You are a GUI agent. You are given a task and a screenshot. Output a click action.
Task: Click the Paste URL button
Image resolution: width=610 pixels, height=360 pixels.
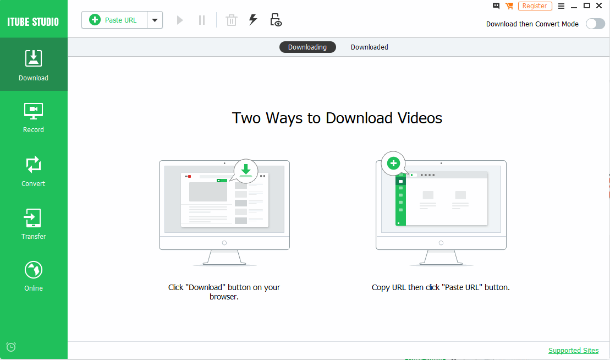(114, 20)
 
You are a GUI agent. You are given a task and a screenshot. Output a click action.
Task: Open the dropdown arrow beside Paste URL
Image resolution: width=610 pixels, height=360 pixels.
(155, 20)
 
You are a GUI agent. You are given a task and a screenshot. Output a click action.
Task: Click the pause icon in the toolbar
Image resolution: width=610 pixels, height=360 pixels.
(201, 20)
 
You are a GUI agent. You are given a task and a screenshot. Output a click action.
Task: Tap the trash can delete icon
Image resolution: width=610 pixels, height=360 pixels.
(232, 20)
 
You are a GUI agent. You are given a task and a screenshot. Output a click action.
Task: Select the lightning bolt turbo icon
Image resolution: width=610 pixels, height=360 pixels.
(253, 19)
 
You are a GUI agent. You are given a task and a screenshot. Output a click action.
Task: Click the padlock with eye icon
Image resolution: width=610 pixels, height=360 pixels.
(276, 20)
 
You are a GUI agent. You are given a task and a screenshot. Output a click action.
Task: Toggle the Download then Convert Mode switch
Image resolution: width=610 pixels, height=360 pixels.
(595, 24)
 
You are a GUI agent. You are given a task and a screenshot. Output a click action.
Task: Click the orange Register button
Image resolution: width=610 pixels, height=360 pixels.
(535, 6)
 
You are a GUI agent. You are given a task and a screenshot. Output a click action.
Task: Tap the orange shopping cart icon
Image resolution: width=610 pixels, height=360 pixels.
(509, 6)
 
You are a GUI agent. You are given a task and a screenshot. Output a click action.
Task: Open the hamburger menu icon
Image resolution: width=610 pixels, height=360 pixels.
(561, 6)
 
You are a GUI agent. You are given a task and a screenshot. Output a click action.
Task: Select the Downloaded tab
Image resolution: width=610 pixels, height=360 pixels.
(369, 47)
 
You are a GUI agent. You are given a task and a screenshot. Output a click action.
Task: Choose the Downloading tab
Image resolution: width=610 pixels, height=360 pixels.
(307, 47)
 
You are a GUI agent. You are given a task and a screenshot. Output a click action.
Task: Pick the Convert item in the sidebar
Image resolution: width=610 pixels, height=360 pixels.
(34, 172)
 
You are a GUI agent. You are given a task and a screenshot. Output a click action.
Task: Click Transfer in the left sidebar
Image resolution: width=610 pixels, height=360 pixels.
(34, 224)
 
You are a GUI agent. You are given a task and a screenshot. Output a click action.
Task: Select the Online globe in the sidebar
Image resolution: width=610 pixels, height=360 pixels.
(34, 276)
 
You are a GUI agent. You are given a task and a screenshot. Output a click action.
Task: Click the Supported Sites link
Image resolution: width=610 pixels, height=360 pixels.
(574, 350)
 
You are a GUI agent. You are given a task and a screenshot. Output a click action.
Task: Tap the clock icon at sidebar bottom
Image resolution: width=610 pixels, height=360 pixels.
(11, 347)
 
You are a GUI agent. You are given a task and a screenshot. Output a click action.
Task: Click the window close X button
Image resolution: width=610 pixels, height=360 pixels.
(599, 6)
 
